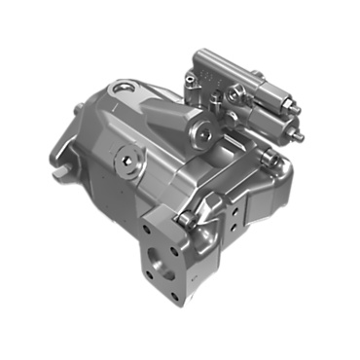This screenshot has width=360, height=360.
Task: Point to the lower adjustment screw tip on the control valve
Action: pos(299,137)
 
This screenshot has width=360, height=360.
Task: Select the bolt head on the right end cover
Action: pos(275,161)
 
